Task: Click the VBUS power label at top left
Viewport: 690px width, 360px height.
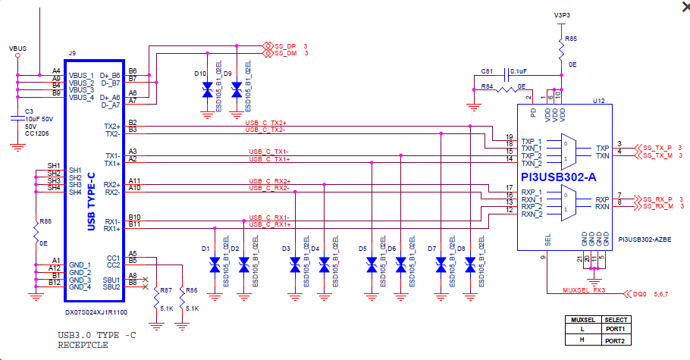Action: pos(17,48)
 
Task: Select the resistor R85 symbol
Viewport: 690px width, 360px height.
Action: pos(561,50)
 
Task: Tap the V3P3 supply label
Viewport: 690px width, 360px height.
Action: pos(562,14)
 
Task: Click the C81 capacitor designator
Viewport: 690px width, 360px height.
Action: pos(487,70)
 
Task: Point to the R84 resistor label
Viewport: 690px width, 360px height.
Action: pos(488,87)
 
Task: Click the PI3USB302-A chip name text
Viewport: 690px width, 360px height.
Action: pos(558,177)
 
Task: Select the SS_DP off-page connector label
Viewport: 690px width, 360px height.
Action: pos(285,45)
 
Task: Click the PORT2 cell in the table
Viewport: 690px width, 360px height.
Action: pos(615,340)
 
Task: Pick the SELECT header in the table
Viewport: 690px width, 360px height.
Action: pos(615,320)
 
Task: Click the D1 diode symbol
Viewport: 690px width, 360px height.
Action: pos(215,265)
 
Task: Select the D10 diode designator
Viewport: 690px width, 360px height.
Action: pos(199,74)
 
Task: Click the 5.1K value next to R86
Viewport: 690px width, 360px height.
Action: pos(192,309)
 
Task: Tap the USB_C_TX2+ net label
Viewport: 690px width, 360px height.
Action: pos(266,122)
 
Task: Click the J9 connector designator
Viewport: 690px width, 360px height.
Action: pos(72,53)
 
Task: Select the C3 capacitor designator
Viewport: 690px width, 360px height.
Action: pos(30,111)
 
